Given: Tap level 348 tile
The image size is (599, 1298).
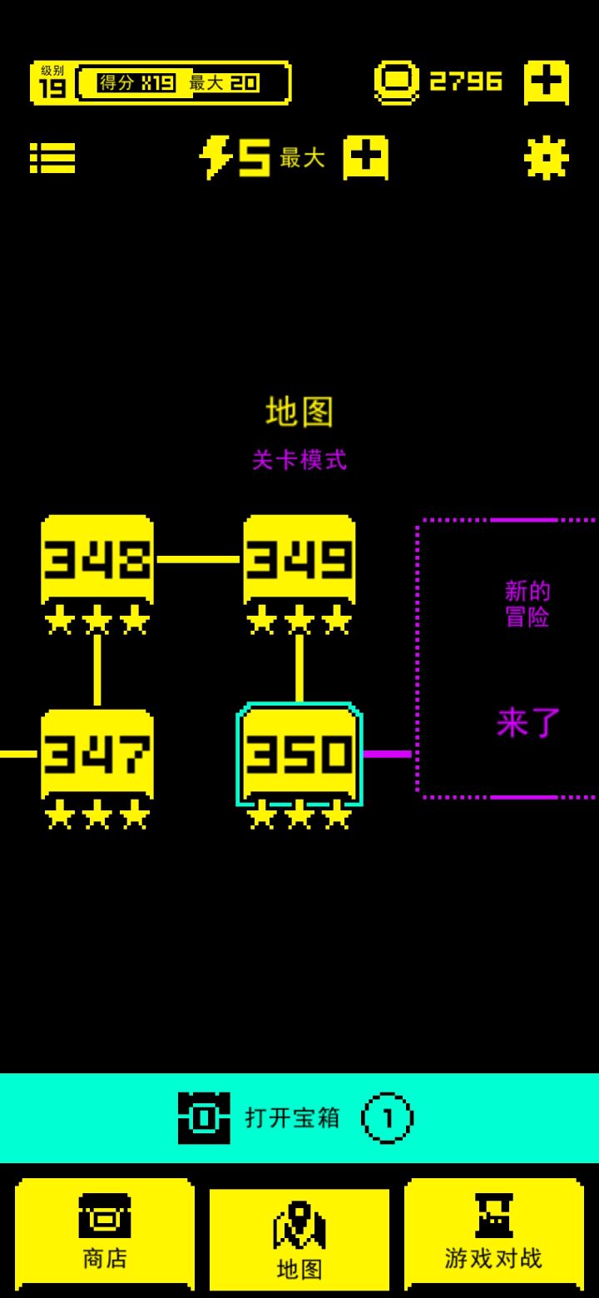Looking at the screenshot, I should pyautogui.click(x=97, y=558).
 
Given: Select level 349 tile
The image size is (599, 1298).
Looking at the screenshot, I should pyautogui.click(x=299, y=558).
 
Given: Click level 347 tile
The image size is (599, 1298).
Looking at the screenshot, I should pyautogui.click(x=97, y=753).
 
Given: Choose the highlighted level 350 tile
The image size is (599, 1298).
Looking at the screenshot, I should pyautogui.click(x=299, y=753).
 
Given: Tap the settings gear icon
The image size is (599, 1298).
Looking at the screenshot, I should pyautogui.click(x=546, y=157).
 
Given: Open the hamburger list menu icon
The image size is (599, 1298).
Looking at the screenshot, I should pyautogui.click(x=52, y=157).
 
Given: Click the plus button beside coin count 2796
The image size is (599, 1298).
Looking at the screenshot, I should pyautogui.click(x=546, y=82).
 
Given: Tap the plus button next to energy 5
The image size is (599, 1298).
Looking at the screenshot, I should pyautogui.click(x=365, y=157).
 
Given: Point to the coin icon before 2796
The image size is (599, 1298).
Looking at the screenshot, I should pyautogui.click(x=396, y=82).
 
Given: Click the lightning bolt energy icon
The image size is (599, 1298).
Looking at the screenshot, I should pyautogui.click(x=215, y=157).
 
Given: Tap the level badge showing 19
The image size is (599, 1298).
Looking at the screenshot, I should pyautogui.click(x=52, y=82).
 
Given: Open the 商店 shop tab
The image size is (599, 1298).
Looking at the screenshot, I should pyautogui.click(x=105, y=1234).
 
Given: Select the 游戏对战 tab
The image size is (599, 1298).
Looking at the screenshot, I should pyautogui.click(x=493, y=1234).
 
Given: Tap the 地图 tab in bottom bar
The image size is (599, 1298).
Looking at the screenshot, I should pyautogui.click(x=299, y=1239).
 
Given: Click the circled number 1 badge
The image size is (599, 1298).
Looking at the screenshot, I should pyautogui.click(x=387, y=1117).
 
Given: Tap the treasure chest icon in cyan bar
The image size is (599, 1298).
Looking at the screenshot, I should pyautogui.click(x=204, y=1117).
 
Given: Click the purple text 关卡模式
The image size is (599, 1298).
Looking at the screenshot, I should pyautogui.click(x=299, y=459).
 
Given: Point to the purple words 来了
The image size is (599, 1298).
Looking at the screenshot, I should pyautogui.click(x=528, y=722).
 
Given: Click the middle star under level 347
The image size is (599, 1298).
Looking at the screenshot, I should pyautogui.click(x=97, y=815).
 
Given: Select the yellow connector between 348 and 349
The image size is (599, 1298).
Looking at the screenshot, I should pyautogui.click(x=198, y=559).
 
